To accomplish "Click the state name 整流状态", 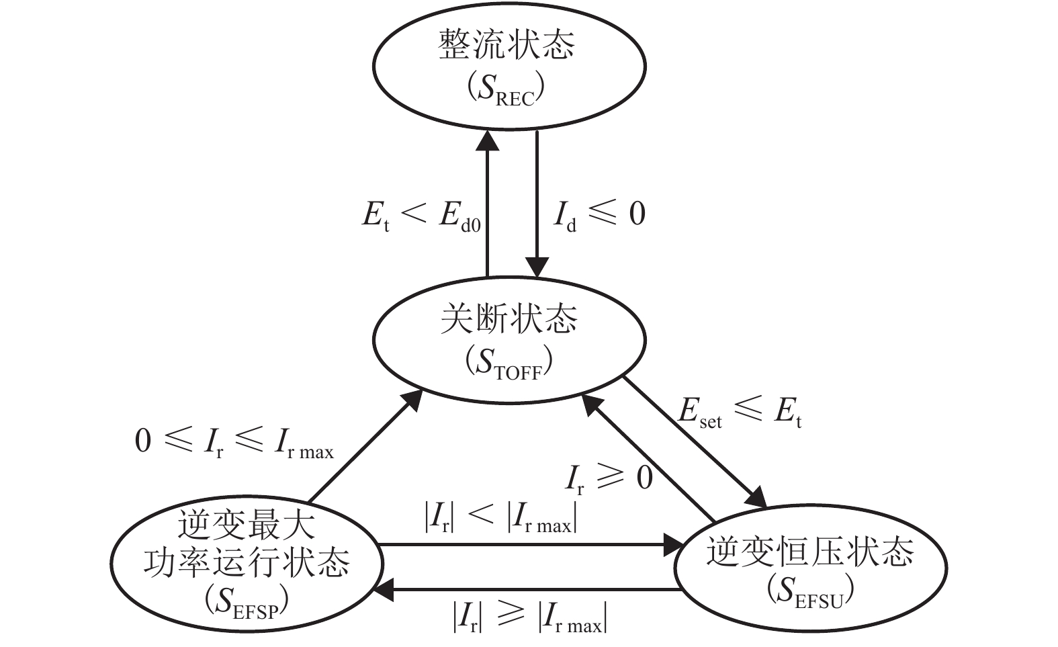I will (x=507, y=46).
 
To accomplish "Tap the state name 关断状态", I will (x=509, y=319).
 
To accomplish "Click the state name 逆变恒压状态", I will (x=810, y=552).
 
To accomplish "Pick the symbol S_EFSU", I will (x=810, y=591).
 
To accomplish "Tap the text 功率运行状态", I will (x=247, y=562).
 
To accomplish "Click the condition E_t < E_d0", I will (x=421, y=215).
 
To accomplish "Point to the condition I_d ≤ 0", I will (x=599, y=215).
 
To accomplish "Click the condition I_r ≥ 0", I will (x=609, y=479).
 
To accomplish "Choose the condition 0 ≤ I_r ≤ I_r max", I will (x=234, y=443).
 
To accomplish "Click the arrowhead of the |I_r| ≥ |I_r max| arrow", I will (x=385, y=590).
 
